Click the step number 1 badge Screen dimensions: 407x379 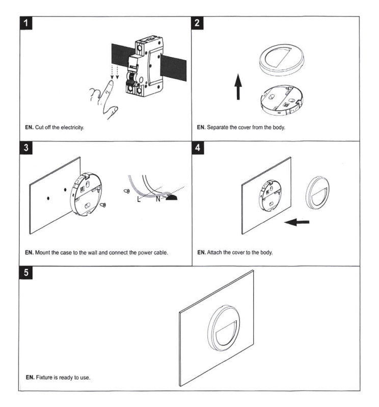pos(27,23)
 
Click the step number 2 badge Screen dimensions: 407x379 pos(199,23)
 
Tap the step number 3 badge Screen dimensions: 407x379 pos(26,149)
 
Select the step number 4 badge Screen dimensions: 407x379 pos(199,149)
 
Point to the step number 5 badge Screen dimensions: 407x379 pos(26,273)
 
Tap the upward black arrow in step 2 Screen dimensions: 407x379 pos(237,87)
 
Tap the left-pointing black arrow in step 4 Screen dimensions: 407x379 pos(296,222)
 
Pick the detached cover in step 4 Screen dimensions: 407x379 pos(318,192)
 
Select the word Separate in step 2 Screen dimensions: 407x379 pos(218,127)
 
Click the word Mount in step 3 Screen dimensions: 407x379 pos(44,252)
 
